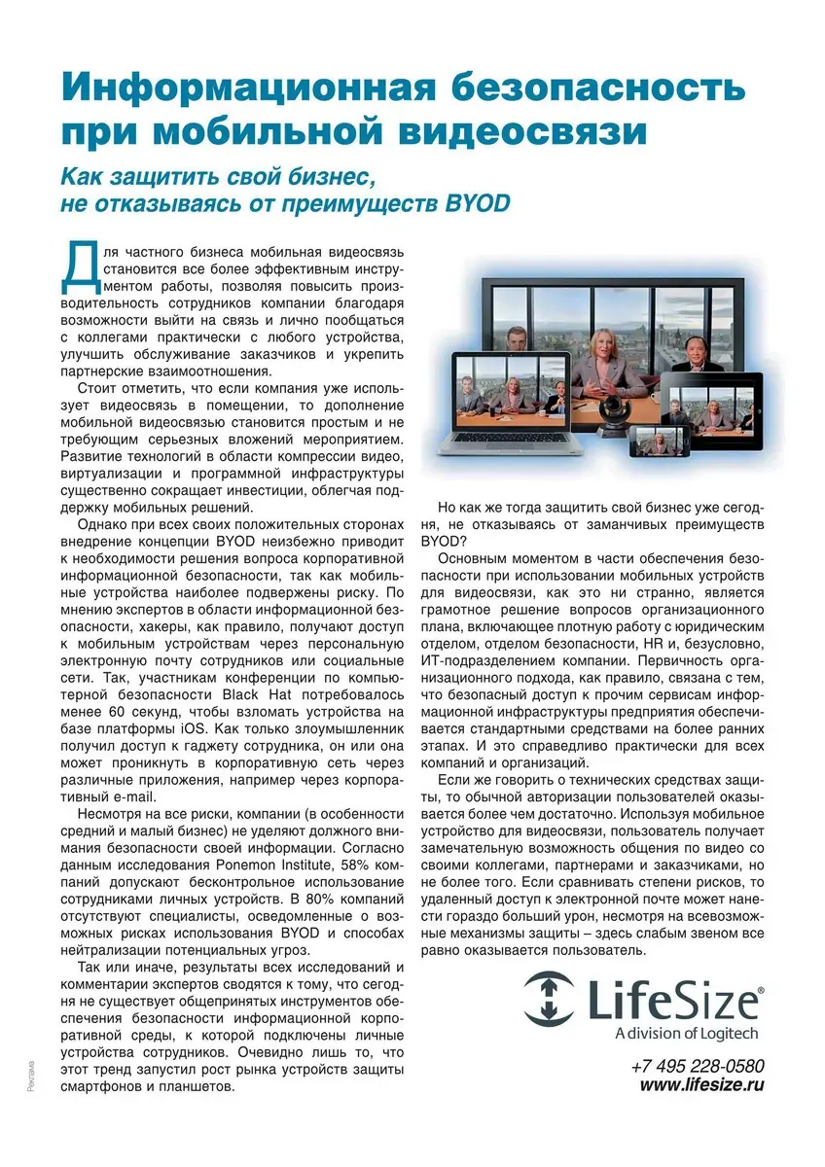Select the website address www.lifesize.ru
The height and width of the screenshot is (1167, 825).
coord(701,1085)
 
